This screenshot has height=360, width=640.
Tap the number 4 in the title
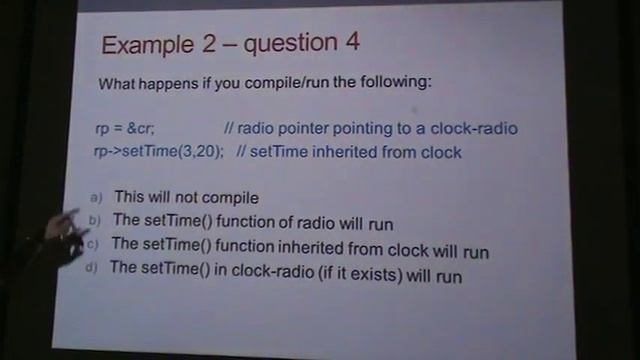click(349, 44)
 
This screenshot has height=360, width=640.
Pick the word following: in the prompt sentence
click(397, 82)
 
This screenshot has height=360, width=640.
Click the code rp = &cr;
click(124, 129)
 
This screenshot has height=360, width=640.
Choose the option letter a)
click(96, 198)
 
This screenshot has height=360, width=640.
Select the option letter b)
click(94, 220)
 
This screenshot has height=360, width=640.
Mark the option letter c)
click(92, 243)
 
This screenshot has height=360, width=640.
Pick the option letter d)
click(90, 267)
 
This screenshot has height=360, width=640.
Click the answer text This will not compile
click(186, 198)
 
